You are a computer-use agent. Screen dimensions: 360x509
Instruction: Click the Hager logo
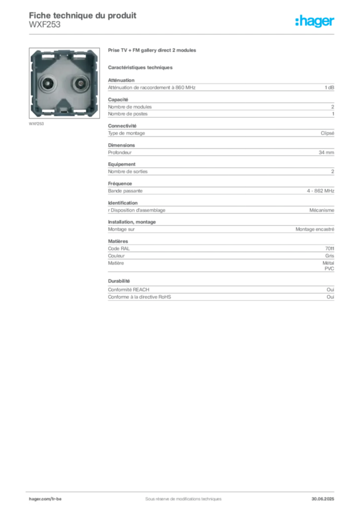coord(315,21)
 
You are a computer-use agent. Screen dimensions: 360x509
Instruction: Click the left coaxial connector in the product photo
coord(48,84)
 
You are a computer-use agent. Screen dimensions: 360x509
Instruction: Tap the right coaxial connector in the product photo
coord(80,84)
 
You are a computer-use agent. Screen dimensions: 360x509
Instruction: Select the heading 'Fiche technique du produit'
coord(83,15)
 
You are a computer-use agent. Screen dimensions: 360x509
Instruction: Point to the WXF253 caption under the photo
coord(36,124)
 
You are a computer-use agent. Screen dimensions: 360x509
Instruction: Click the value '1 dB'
coord(329,87)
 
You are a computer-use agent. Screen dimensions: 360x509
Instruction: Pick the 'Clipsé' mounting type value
coord(327,133)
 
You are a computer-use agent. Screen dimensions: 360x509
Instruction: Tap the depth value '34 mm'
coord(326,152)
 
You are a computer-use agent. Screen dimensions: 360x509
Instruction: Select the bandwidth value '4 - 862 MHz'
coord(320,191)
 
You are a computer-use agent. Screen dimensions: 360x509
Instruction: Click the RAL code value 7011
coord(330,249)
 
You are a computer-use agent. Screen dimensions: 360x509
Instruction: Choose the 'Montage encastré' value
coord(315,229)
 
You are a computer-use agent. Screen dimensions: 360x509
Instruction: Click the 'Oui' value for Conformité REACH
coord(330,290)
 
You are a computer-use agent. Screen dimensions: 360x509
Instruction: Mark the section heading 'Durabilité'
coord(119,281)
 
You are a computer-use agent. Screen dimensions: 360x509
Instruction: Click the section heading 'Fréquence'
coord(120,184)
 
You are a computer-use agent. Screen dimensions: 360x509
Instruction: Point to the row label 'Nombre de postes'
coord(128,114)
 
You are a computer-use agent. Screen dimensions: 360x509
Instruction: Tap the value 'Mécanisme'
coord(322,210)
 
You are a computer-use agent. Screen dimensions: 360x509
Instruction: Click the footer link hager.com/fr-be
coord(45,499)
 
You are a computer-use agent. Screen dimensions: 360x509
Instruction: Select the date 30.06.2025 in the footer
coord(323,499)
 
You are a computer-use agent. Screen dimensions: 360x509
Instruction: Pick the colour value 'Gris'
coord(330,256)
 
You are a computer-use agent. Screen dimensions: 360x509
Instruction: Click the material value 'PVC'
coord(329,269)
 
